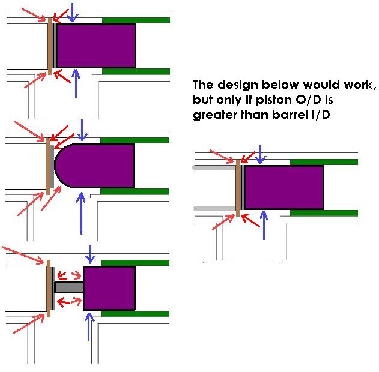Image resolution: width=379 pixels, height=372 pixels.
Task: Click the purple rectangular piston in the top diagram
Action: coord(96,46)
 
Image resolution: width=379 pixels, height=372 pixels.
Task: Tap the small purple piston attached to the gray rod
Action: coord(109,288)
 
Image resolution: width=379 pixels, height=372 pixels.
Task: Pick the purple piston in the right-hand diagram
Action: coord(283,187)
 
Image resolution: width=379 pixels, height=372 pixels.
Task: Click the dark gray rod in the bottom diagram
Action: coord(68,287)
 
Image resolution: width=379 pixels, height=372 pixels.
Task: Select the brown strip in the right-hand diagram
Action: coord(238,187)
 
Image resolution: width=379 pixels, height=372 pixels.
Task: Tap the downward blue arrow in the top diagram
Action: coord(72,12)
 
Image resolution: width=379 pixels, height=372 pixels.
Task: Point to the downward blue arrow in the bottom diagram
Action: coord(90,254)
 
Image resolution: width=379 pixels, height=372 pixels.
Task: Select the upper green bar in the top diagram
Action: coord(136,20)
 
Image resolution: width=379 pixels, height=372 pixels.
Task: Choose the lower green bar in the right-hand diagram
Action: coord(324,213)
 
